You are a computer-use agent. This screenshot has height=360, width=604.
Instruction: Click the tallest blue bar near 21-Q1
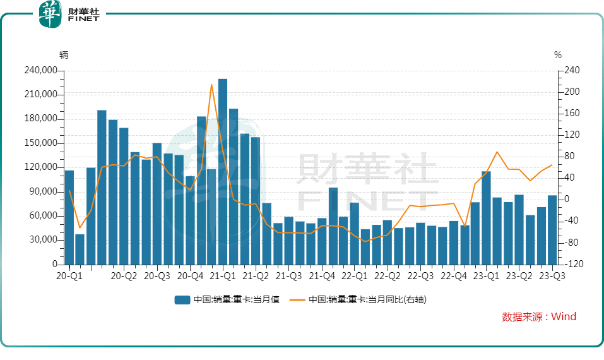[x=223, y=171]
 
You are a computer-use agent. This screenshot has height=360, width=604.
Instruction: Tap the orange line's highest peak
[x=211, y=85]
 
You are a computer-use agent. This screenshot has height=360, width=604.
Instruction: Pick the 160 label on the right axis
[x=568, y=114]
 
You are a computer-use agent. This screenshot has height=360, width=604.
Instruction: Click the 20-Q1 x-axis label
[x=69, y=276]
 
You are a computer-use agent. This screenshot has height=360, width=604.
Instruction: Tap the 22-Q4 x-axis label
[x=453, y=276]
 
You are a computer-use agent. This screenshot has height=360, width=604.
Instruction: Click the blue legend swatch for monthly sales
[x=182, y=300]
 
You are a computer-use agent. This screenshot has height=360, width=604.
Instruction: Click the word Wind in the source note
[x=564, y=317]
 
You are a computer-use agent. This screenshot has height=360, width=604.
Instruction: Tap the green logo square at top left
[x=50, y=14]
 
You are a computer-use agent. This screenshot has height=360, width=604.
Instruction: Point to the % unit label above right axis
[x=558, y=55]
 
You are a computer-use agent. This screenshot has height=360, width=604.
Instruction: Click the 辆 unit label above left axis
[x=64, y=55]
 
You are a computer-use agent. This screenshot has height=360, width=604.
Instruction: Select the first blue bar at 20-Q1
[x=69, y=217]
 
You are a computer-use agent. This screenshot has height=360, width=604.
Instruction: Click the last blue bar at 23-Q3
[x=552, y=230]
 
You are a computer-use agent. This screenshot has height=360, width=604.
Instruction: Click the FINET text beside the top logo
[x=83, y=20]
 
